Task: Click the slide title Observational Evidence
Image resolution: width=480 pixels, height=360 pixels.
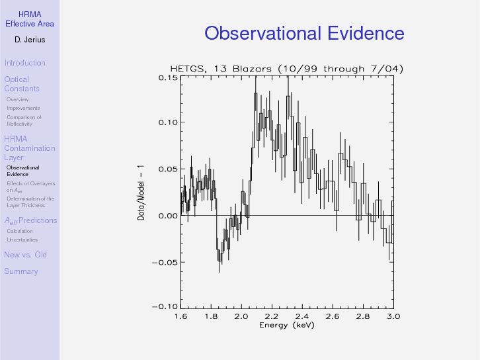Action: [x=304, y=34]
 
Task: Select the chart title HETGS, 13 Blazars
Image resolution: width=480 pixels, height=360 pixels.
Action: [x=286, y=69]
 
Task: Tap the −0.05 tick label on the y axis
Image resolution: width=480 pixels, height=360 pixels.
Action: [x=165, y=262]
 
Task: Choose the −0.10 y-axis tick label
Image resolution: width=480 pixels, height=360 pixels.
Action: [x=165, y=307]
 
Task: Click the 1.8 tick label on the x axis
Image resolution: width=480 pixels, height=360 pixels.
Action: [x=211, y=316]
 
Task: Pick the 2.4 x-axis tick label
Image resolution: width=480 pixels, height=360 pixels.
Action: [x=302, y=316]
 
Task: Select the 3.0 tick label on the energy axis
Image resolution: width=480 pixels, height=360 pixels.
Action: [x=393, y=316]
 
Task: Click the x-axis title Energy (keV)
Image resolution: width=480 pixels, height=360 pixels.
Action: [x=287, y=325]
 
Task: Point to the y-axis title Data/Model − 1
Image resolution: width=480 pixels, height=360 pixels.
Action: [x=141, y=192]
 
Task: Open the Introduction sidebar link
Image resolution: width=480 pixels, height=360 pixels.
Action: [x=24, y=63]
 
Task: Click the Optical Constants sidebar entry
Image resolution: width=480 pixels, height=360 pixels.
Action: [x=21, y=84]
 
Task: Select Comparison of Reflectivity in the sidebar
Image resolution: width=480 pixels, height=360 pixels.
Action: [x=24, y=120]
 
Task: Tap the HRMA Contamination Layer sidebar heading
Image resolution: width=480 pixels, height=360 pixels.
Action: [x=29, y=148]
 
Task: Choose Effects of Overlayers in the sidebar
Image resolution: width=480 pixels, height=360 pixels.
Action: [x=30, y=187]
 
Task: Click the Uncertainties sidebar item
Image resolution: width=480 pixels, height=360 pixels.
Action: [x=22, y=240]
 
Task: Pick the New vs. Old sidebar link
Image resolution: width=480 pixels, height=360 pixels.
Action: [x=25, y=255]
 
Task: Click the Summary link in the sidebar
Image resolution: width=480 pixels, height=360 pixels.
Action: [x=20, y=271]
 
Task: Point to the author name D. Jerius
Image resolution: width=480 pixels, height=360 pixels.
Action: [x=29, y=40]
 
